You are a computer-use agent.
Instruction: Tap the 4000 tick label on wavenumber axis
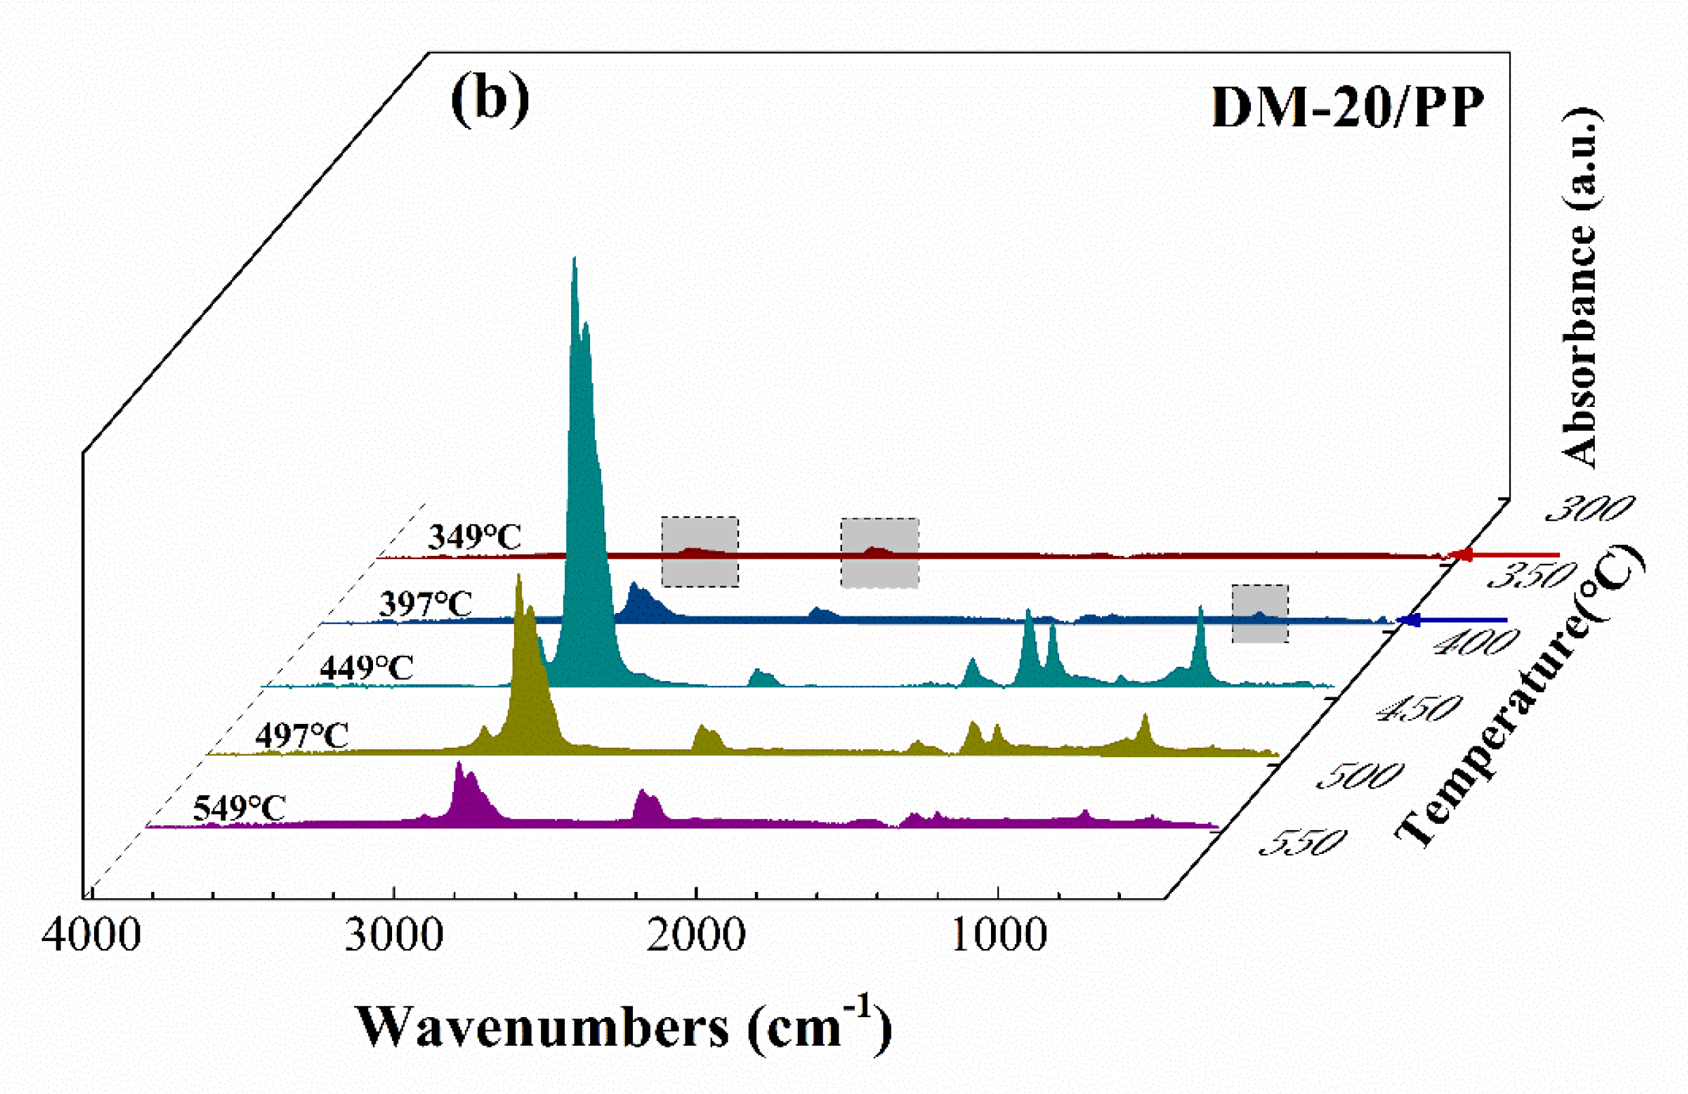[x=91, y=936]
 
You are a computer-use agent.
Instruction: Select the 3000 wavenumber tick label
[x=394, y=936]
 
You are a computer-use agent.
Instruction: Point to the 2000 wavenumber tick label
[x=696, y=936]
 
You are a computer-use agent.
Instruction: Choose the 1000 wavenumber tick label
[x=999, y=936]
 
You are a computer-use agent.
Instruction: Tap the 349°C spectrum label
[x=474, y=537]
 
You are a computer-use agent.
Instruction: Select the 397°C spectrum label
[x=425, y=604]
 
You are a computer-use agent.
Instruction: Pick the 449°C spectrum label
[x=366, y=668]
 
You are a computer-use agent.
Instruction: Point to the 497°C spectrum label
[x=302, y=736]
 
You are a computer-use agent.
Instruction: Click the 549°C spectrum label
[x=240, y=808]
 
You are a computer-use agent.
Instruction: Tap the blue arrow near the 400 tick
[x=1408, y=620]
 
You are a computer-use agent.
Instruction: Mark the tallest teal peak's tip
[x=574, y=259]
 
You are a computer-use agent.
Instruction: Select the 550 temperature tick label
[x=1302, y=842]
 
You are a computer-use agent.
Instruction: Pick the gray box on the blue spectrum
[x=1260, y=613]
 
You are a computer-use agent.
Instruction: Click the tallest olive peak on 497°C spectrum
[x=519, y=577]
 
